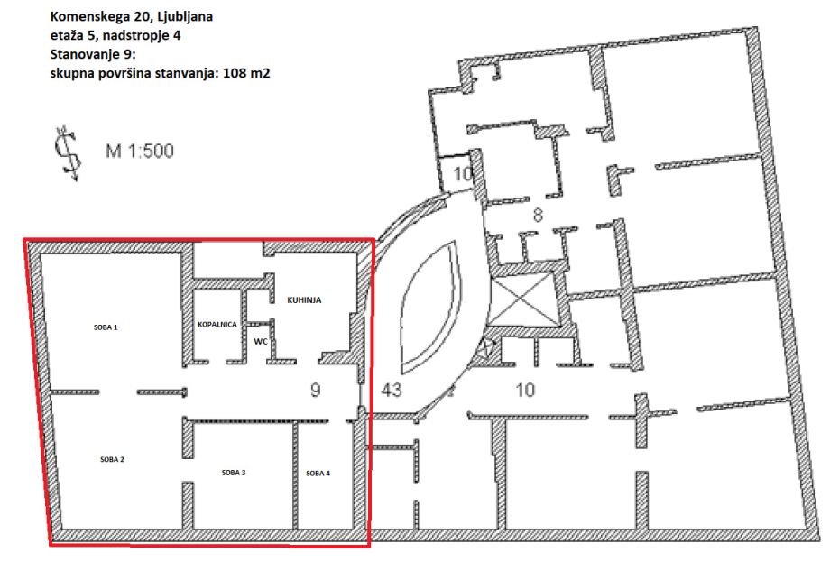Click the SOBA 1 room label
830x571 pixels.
pyautogui.click(x=106, y=327)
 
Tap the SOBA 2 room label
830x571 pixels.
pyautogui.click(x=112, y=459)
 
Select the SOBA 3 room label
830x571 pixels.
pyautogui.click(x=234, y=473)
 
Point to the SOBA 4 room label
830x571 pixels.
pyautogui.click(x=318, y=473)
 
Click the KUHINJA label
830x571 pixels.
pyautogui.click(x=304, y=300)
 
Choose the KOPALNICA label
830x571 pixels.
pyautogui.click(x=217, y=325)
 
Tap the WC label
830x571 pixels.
pyautogui.click(x=261, y=342)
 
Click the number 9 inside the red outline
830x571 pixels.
pyautogui.click(x=316, y=390)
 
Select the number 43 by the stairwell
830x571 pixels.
pyautogui.click(x=392, y=390)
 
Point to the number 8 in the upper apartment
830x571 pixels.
pyautogui.click(x=538, y=216)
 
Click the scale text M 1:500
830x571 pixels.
pyautogui.click(x=140, y=151)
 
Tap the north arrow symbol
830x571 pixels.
pyautogui.click(x=69, y=153)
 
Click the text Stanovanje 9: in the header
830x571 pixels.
pyautogui.click(x=93, y=54)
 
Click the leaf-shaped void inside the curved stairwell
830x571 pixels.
pyautogui.click(x=431, y=307)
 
